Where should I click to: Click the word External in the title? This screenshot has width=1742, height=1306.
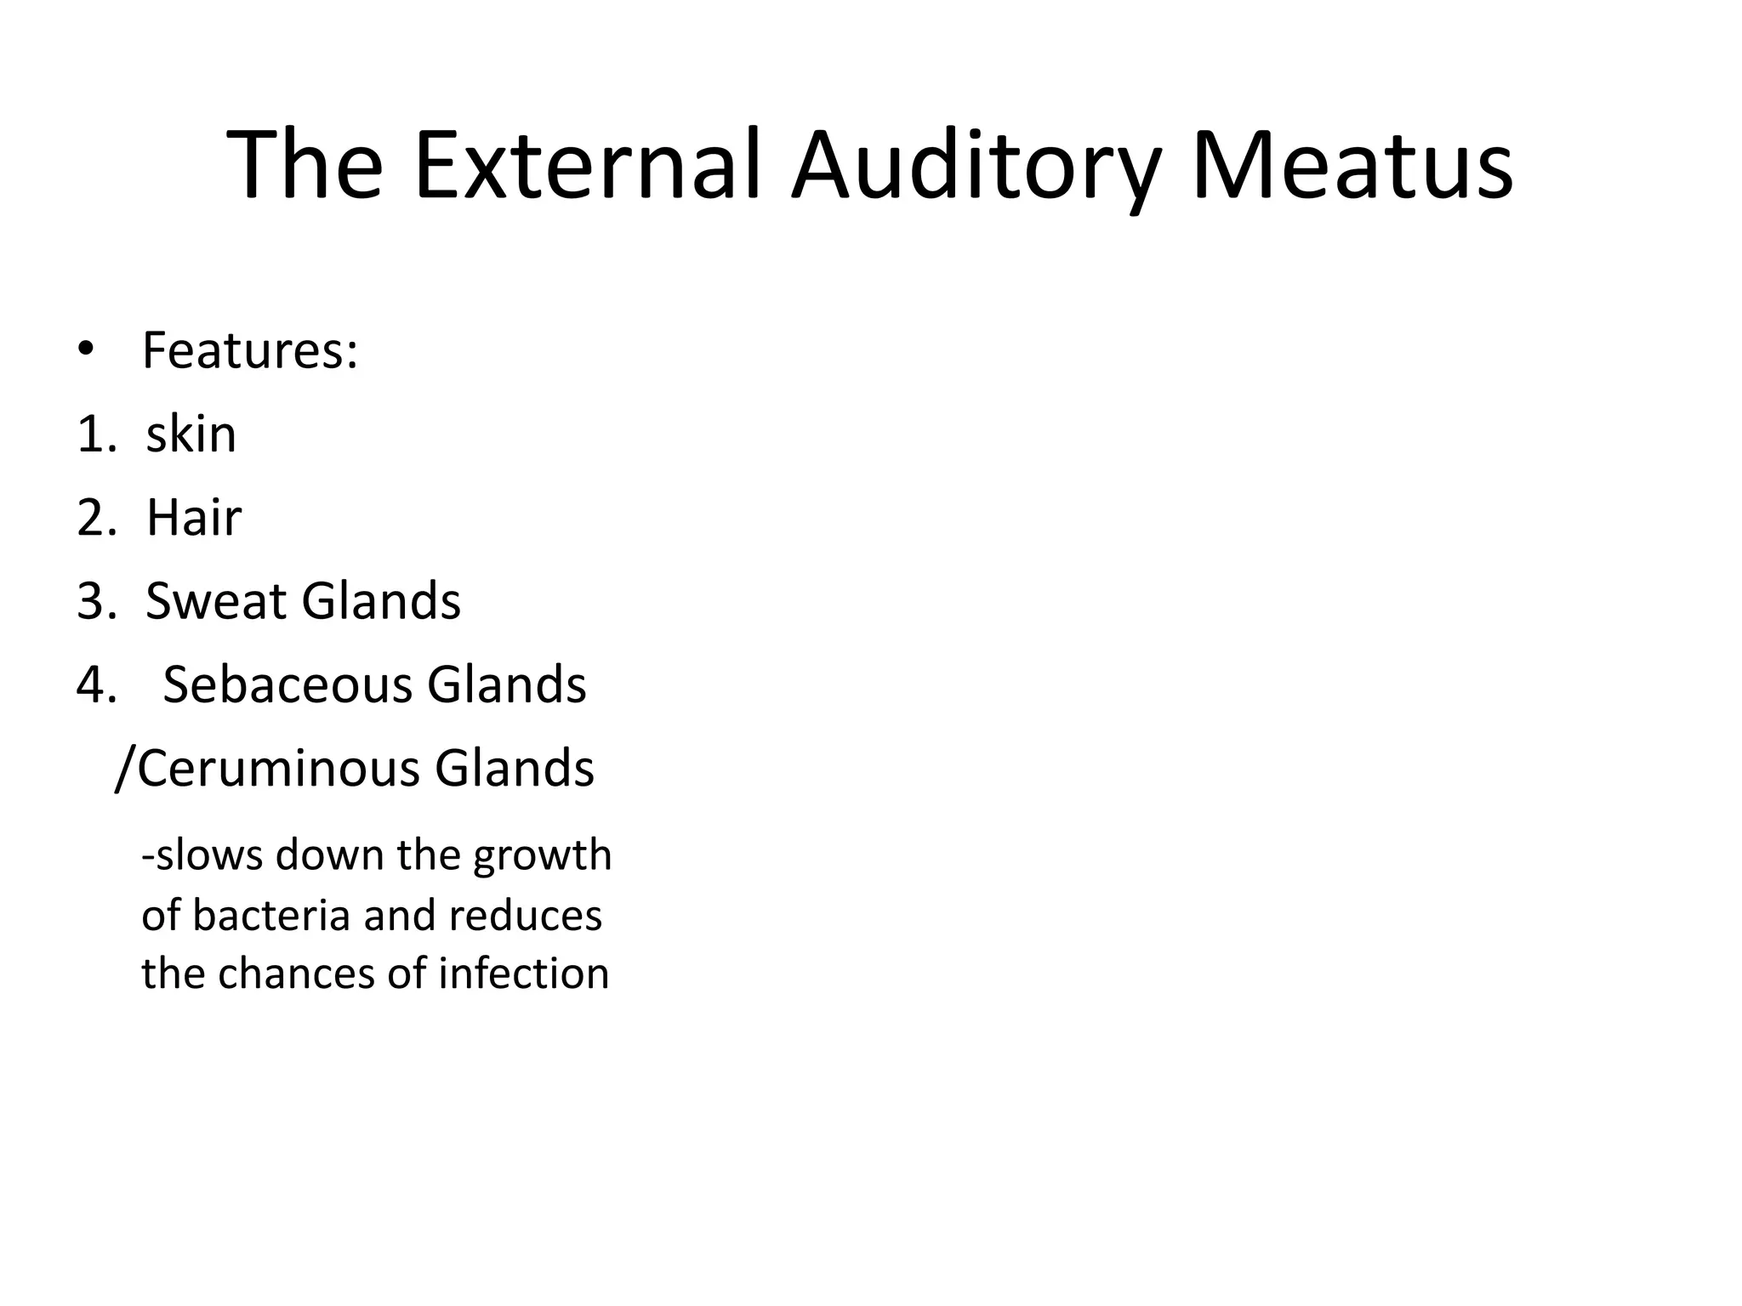(x=586, y=166)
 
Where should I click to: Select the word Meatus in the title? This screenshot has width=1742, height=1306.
(x=1352, y=166)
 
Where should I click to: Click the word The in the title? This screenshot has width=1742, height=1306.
(x=305, y=166)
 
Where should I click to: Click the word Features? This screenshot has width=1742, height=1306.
(x=250, y=351)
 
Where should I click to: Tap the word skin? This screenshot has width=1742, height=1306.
(x=191, y=434)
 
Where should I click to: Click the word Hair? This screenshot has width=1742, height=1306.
(x=194, y=518)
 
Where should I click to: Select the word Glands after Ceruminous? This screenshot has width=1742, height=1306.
(x=514, y=768)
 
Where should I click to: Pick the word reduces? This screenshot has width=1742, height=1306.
(x=525, y=916)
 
